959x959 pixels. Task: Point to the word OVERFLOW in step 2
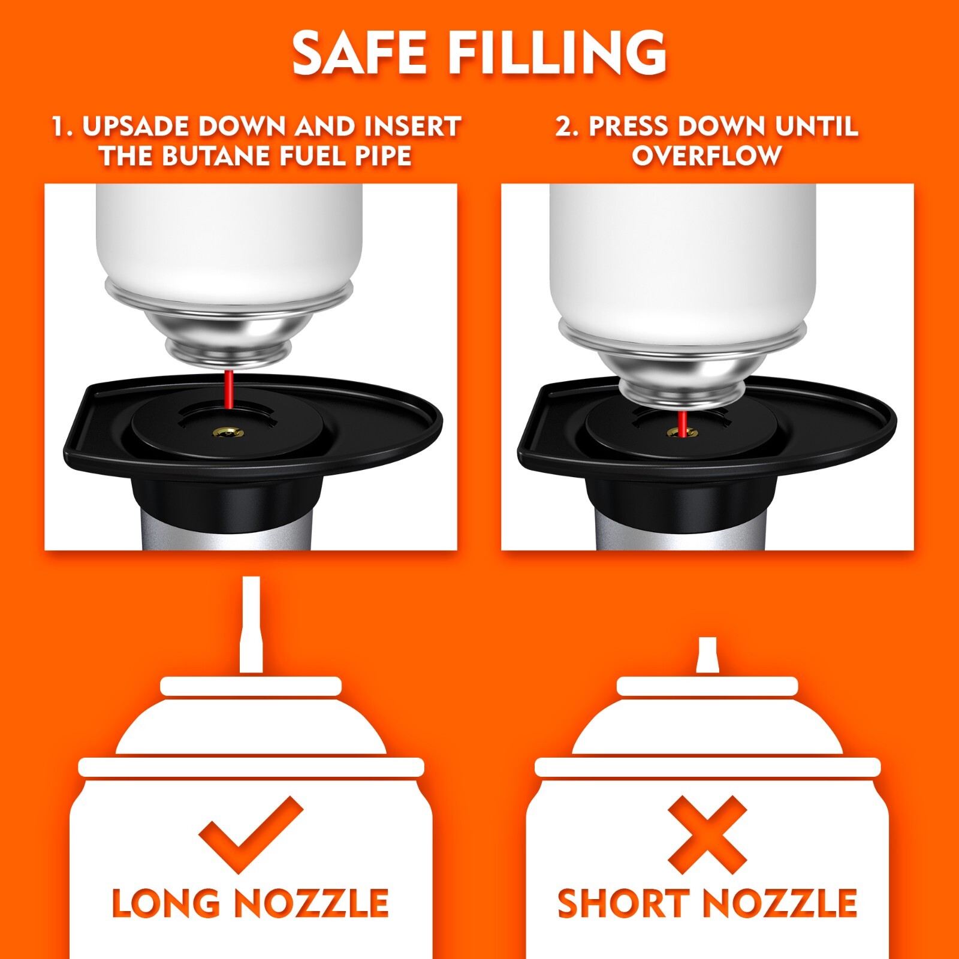(x=707, y=156)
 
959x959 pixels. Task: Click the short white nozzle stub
(x=707, y=655)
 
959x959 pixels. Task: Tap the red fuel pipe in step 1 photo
(x=228, y=390)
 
